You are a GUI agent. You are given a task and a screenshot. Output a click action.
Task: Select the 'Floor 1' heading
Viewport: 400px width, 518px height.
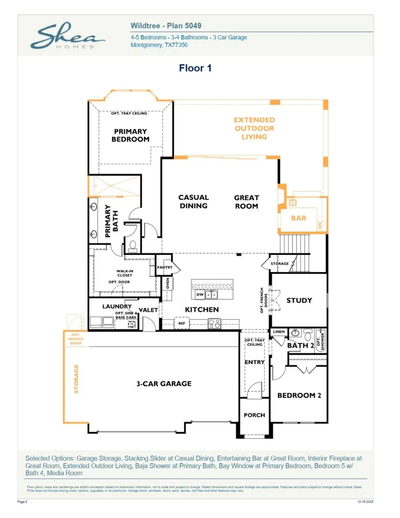pyautogui.click(x=195, y=68)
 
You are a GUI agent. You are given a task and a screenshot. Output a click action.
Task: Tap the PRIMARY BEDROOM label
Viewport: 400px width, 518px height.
pyautogui.click(x=130, y=135)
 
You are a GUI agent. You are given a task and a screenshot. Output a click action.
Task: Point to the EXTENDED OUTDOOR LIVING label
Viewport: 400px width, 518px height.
pyautogui.click(x=254, y=128)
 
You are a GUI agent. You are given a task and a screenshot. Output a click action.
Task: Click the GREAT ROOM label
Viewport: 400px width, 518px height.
pyautogui.click(x=247, y=202)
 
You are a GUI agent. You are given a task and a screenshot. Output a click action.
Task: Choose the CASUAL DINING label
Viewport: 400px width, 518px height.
pyautogui.click(x=193, y=202)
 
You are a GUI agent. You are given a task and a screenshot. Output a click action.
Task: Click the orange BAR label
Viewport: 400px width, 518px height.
pyautogui.click(x=299, y=218)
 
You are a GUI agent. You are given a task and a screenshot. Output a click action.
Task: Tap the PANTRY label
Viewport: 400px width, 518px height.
pyautogui.click(x=164, y=267)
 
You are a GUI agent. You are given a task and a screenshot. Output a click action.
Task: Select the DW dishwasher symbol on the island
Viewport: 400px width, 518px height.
pyautogui.click(x=200, y=295)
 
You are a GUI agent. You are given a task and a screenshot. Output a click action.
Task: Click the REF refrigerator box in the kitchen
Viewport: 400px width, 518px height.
pyautogui.click(x=182, y=323)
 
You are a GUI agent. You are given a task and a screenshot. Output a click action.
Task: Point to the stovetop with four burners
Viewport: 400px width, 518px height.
pyautogui.click(x=215, y=323)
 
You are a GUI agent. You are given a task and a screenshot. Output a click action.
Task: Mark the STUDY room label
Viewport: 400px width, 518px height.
pyautogui.click(x=299, y=300)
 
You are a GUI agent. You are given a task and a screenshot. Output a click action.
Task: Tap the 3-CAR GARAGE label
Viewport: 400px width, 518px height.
pyautogui.click(x=164, y=383)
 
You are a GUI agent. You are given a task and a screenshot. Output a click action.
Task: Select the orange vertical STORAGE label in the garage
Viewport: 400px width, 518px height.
pyautogui.click(x=76, y=379)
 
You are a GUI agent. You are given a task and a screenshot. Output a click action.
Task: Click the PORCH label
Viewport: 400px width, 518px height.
pyautogui.click(x=254, y=415)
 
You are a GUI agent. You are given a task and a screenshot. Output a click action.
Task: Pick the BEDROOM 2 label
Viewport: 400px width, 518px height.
pyautogui.click(x=299, y=395)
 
